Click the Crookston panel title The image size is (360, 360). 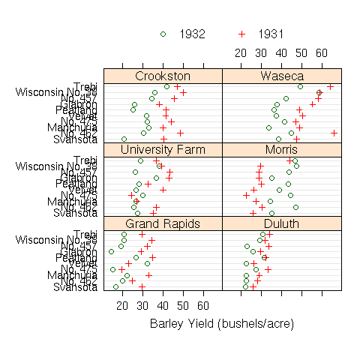point(163,76)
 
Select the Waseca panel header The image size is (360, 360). point(282,76)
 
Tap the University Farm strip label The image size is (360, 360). point(163,150)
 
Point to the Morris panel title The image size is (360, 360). point(282,150)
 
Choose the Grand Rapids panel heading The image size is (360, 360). point(163,223)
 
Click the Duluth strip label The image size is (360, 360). point(282,223)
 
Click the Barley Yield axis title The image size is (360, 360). point(221,324)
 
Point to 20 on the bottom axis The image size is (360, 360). point(123,305)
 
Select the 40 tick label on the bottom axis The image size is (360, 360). point(163,305)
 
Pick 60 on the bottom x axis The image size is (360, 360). point(202,305)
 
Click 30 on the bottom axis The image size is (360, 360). point(142,305)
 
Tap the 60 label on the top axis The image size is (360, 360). point(322,53)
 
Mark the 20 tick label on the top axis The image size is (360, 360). point(241,53)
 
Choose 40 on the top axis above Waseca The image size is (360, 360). point(281,53)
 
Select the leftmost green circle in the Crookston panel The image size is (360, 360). point(124,139)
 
